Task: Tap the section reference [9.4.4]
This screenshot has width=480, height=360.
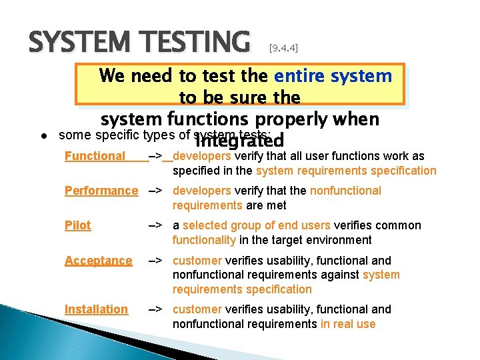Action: point(283,48)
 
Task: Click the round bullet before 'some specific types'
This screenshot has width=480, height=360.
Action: point(42,136)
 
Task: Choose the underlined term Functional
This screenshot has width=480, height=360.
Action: point(95,156)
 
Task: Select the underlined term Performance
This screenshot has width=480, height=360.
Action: point(101,191)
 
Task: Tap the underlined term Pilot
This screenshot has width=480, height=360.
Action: point(77,225)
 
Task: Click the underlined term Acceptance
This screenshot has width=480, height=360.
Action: point(98,260)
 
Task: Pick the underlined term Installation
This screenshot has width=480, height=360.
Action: point(96,309)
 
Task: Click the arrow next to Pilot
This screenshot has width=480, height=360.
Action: point(154,225)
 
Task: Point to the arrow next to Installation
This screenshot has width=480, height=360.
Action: point(154,309)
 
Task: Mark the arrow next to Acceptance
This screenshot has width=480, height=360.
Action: point(154,260)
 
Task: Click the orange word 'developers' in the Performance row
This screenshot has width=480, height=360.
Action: point(202,191)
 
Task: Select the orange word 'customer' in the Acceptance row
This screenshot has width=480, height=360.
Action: point(197,260)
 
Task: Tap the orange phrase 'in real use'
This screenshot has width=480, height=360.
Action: point(348,324)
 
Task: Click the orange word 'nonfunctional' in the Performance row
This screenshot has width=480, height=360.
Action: point(345,191)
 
